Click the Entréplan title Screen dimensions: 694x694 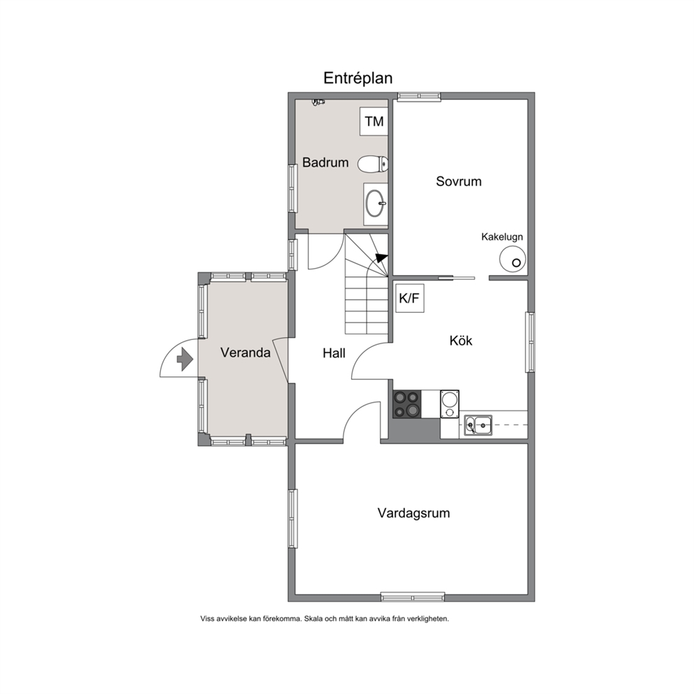(x=357, y=78)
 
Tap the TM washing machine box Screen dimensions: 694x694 (x=374, y=121)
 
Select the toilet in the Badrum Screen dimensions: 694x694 (x=373, y=164)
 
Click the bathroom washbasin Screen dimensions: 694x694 (x=376, y=204)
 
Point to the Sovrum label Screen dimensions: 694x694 (x=458, y=181)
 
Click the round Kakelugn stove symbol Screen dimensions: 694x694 (x=513, y=260)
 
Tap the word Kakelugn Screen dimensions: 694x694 (x=502, y=236)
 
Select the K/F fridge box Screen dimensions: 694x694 (x=410, y=298)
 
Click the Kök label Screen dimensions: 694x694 (x=461, y=341)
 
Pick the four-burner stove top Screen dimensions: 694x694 (x=407, y=404)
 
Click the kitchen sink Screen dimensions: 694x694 (x=478, y=425)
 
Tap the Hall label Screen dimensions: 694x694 (x=334, y=353)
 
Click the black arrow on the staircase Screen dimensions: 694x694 (x=381, y=258)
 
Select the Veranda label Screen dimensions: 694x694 (x=245, y=353)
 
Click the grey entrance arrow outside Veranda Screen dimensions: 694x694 (x=185, y=359)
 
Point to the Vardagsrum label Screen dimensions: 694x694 (x=413, y=514)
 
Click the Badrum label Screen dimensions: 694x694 (x=325, y=162)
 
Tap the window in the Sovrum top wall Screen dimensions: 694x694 (x=418, y=97)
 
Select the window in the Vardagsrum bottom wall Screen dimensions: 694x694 (x=413, y=597)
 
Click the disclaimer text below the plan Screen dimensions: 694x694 (x=325, y=618)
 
